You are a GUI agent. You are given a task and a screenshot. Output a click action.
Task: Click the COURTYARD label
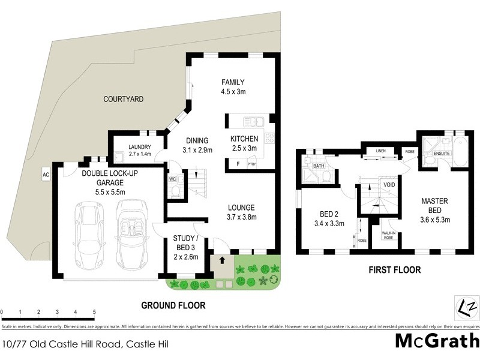pyautogui.click(x=123, y=99)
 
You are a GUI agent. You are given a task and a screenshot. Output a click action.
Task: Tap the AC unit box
pyautogui.click(x=45, y=175)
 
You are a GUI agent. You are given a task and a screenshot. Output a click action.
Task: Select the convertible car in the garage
pyautogui.click(x=128, y=236)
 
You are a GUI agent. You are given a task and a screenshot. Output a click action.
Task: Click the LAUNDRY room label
pyautogui.click(x=139, y=150)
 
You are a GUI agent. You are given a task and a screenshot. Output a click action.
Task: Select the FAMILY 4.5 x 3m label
pyautogui.click(x=233, y=87)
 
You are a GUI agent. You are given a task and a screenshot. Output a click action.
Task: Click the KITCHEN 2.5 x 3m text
pyautogui.click(x=244, y=143)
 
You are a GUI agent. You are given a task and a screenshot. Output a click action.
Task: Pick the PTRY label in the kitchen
pyautogui.click(x=251, y=163)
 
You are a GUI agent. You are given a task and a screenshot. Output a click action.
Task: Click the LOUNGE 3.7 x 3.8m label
pyautogui.click(x=242, y=212)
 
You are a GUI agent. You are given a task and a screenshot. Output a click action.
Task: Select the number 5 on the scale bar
pyautogui.click(x=94, y=313)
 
